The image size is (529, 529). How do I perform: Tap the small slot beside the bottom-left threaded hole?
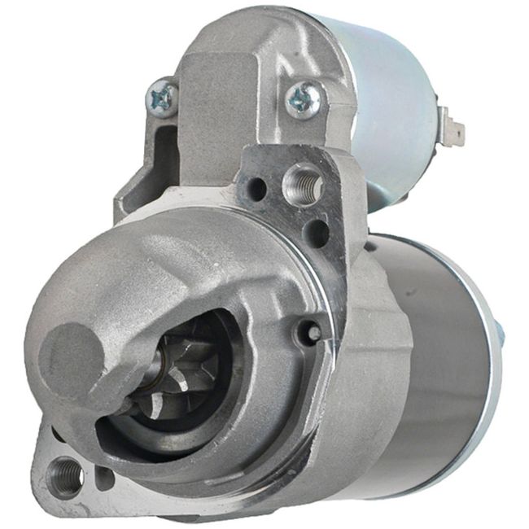(x=104, y=477)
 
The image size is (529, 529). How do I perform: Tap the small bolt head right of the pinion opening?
(x=309, y=332)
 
